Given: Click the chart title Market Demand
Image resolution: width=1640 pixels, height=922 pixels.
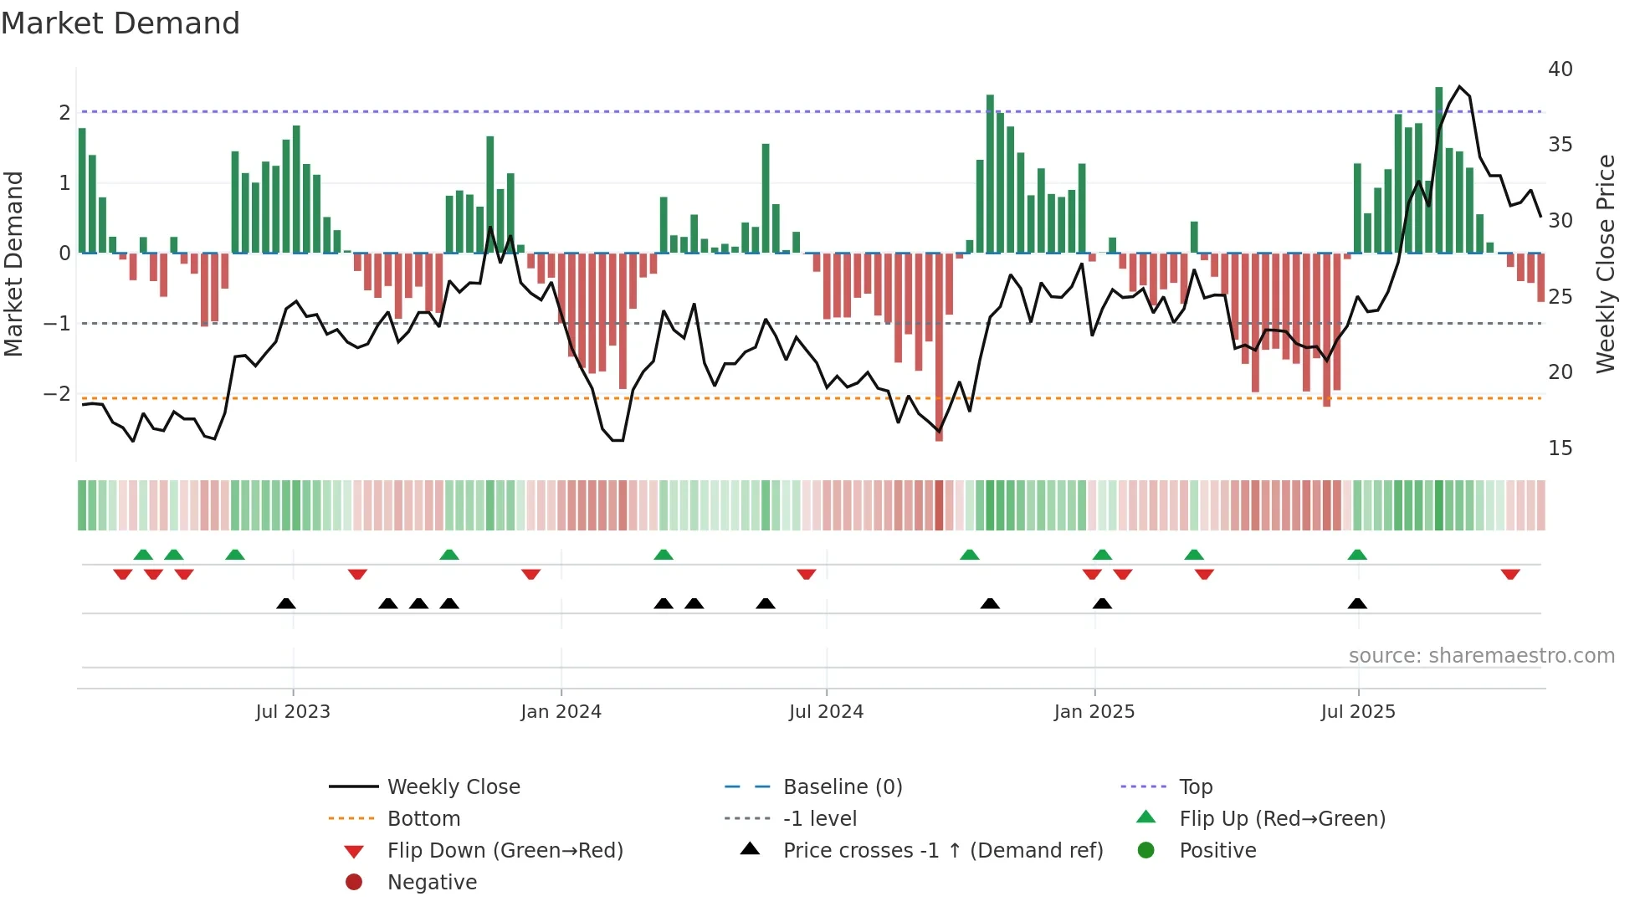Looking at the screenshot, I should point(120,23).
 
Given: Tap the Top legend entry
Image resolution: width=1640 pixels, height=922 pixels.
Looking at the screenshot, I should point(1195,786).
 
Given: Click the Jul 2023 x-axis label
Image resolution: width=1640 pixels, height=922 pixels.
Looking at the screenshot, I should point(293,711).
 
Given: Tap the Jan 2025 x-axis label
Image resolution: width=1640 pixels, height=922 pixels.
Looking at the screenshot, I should point(1094,711).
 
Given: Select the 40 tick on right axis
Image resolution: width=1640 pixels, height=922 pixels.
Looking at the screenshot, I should point(1560,69).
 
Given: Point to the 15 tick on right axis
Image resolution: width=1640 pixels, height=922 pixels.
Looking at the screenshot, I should point(1560,448).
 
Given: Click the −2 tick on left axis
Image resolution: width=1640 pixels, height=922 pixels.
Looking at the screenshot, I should point(57,393).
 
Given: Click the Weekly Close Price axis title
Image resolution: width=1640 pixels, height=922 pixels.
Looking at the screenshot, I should point(1605,264).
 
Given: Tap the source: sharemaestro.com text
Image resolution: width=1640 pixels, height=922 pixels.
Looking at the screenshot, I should point(1481,655).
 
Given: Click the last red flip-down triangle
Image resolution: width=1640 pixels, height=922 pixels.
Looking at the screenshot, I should point(1510,574).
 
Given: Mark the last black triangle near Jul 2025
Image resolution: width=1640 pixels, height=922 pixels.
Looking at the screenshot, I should point(1357,603).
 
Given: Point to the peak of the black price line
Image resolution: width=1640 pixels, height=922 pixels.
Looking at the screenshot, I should point(1459,86).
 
